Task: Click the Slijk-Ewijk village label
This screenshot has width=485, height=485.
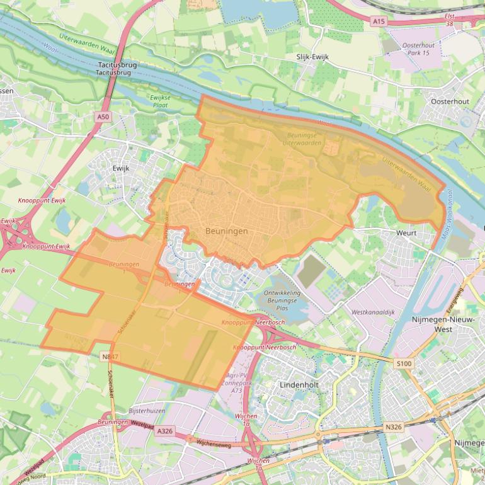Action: point(312,57)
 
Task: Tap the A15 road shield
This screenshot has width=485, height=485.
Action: point(378,21)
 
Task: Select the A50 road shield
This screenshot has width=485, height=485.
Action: point(103,117)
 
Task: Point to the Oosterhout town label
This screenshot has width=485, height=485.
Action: point(450,101)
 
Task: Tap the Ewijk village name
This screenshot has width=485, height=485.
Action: point(120,168)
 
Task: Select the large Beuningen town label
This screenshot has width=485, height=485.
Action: point(226,231)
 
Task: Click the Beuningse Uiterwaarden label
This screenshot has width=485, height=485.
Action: point(304,139)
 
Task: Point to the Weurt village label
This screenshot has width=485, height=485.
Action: point(406,232)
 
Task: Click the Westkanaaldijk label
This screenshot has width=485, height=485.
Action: point(373,312)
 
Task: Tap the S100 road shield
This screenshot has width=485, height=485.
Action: point(403,364)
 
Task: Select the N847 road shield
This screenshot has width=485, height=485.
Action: point(110,357)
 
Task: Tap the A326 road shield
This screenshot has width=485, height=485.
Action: point(164,431)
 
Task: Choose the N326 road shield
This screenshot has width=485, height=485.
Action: point(392,428)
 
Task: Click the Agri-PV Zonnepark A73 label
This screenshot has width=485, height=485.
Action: point(236,382)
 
